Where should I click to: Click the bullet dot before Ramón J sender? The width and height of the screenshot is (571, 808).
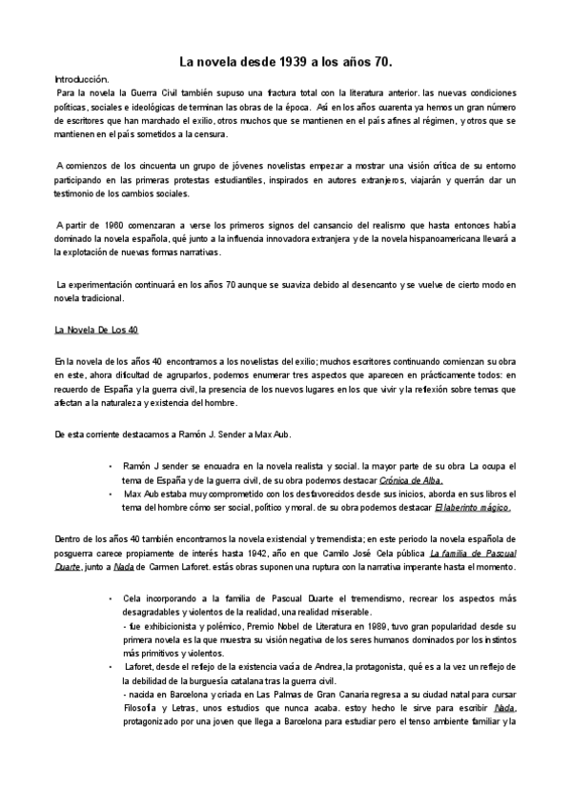(x=112, y=466)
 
